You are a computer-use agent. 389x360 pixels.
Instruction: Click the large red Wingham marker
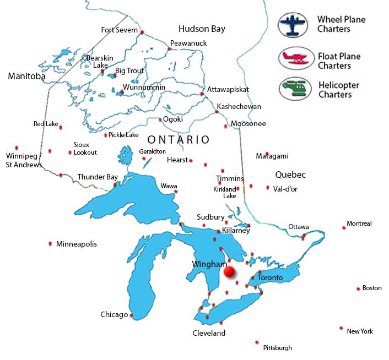pos(229,271)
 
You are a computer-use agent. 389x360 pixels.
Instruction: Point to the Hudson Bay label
pos(202,29)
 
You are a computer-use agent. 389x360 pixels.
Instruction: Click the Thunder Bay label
pos(98,177)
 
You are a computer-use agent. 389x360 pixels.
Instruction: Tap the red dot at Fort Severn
pos(142,32)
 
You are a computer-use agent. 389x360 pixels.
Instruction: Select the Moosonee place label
pos(248,124)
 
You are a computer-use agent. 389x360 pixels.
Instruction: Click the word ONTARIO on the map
pos(179,140)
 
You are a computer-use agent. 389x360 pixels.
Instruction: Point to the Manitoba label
pos(26,77)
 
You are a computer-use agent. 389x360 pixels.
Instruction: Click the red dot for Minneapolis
pos(51,243)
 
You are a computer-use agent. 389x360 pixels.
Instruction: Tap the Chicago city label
pos(114,315)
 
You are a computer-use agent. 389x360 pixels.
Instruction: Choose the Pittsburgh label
pos(277,348)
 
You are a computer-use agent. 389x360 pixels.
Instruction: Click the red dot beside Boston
pos(358,288)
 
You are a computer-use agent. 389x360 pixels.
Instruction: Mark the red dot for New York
pos(342,328)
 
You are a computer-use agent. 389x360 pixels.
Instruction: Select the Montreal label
pos(359,223)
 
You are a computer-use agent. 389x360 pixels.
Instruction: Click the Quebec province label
pos(290,174)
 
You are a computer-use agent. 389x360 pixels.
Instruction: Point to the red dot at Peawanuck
pos(169,49)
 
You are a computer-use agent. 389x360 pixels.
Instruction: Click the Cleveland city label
pos(209,334)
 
